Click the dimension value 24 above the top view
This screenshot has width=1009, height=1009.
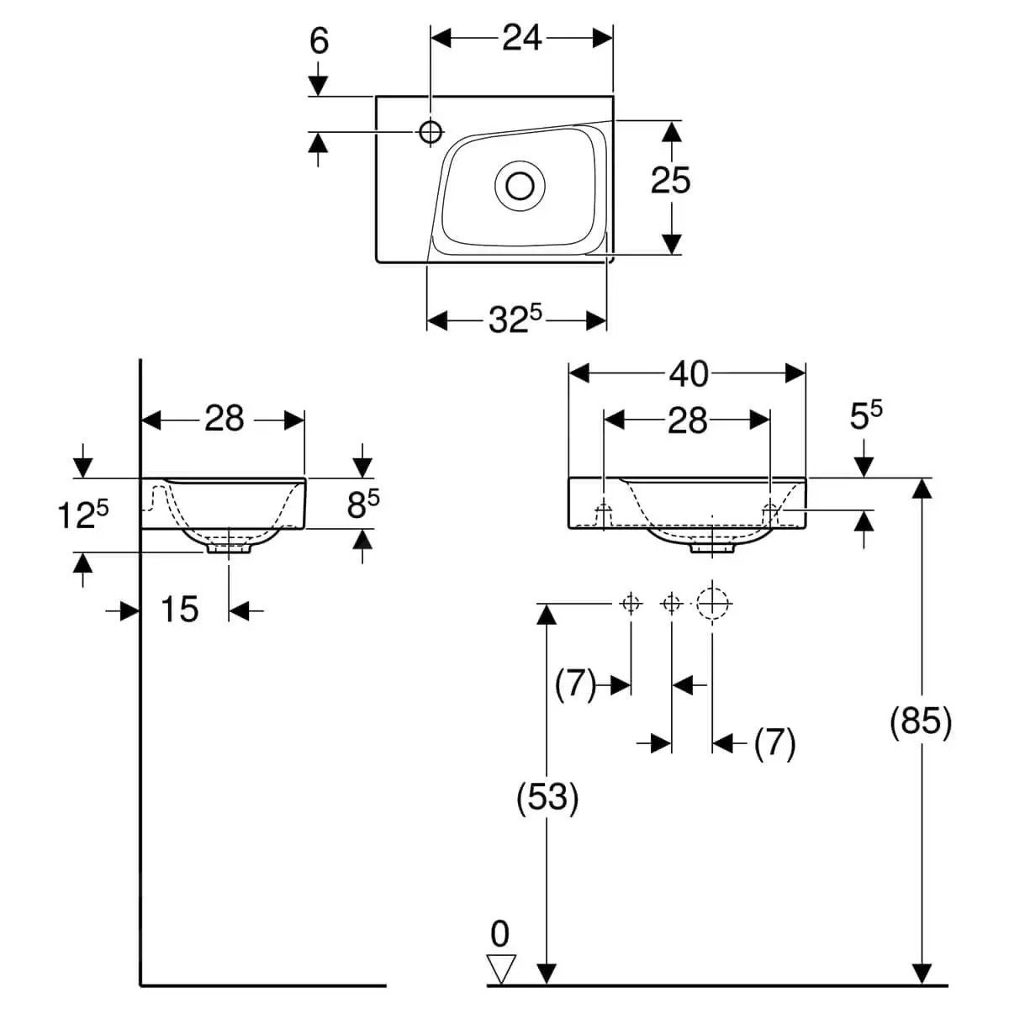[521, 38]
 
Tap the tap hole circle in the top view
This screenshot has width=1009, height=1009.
[431, 130]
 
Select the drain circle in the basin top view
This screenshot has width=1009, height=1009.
[521, 184]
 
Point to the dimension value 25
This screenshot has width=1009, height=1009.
[670, 180]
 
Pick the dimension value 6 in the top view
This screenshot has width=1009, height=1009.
[319, 40]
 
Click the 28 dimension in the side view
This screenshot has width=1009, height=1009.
[224, 418]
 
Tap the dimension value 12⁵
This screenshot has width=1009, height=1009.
[83, 515]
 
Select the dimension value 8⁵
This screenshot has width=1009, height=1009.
[362, 504]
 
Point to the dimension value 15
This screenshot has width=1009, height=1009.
[178, 610]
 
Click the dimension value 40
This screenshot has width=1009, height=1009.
[688, 374]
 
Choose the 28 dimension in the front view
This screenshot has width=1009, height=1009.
[687, 420]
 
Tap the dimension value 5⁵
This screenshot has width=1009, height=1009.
[865, 415]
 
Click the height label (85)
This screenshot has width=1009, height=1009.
[921, 721]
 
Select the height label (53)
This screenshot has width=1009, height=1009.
[547, 797]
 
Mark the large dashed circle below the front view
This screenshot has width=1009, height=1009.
[713, 603]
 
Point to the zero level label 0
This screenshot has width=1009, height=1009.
[500, 934]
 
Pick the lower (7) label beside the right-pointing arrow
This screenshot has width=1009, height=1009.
[774, 742]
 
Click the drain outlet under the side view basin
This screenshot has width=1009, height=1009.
[229, 547]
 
